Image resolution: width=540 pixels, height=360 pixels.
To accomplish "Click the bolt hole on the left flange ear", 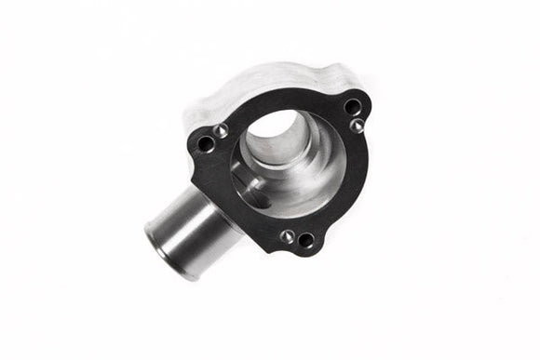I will tap(206, 143).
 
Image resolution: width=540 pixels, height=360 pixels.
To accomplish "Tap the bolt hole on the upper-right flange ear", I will tap(352, 106).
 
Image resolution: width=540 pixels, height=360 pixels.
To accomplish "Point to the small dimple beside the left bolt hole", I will tap(222, 131).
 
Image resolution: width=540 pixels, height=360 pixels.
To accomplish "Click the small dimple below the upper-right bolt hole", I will tap(357, 126).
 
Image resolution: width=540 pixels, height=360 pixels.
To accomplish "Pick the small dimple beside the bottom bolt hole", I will tap(288, 236).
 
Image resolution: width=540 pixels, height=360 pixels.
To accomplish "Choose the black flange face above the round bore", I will tap(279, 100).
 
